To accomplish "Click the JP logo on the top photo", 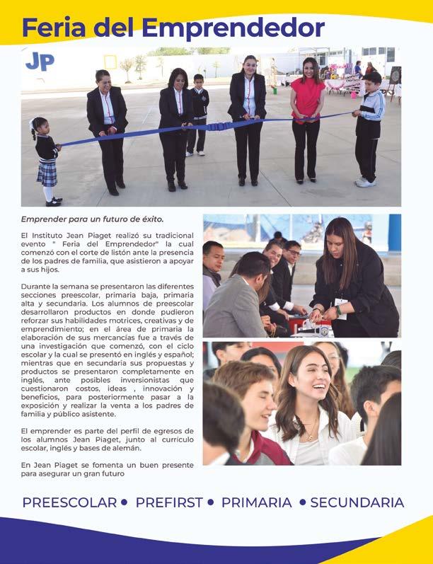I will click(x=40, y=62).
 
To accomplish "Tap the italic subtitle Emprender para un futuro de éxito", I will click(x=92, y=219).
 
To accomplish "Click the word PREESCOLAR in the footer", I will click(x=69, y=502).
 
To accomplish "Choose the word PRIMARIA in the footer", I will click(x=256, y=502).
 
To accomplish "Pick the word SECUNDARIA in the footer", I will click(x=357, y=502).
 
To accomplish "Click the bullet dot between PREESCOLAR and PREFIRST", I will click(x=125, y=502).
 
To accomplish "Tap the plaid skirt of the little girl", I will click(x=48, y=173).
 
